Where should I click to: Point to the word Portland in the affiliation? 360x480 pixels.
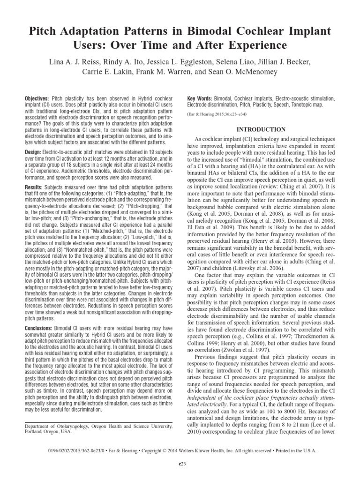tap(35, 432)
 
